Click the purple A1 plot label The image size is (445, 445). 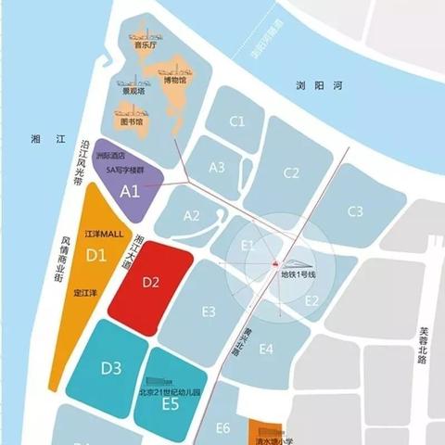(x=130, y=192)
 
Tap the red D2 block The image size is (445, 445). (x=152, y=281)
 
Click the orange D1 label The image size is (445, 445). (x=96, y=254)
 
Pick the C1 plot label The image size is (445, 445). (x=237, y=121)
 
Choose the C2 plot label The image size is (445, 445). (x=291, y=172)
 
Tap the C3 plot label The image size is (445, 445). (x=355, y=211)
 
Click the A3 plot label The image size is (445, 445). (x=217, y=167)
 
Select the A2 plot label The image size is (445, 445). (x=192, y=215)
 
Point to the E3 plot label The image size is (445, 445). (x=209, y=311)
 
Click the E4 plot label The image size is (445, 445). (x=266, y=349)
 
